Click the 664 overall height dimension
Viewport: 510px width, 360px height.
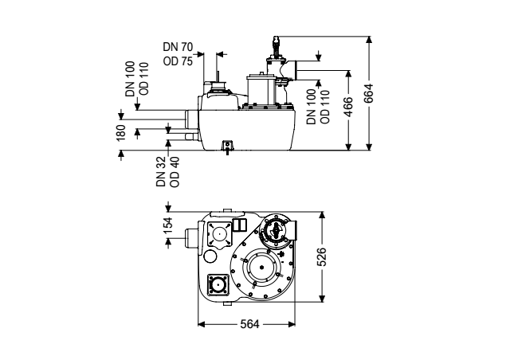point(368,94)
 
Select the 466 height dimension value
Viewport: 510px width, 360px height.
point(348,107)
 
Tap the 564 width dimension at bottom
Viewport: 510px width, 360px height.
point(249,324)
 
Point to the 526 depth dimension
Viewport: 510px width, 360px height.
point(321,256)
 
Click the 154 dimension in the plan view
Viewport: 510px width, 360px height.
point(168,225)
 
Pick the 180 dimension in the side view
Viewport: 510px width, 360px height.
point(120,132)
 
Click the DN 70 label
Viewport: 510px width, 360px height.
point(178,47)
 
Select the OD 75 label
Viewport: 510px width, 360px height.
point(178,61)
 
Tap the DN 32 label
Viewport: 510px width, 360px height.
point(161,171)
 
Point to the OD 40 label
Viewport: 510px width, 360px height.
point(175,171)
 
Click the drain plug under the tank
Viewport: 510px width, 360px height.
point(227,147)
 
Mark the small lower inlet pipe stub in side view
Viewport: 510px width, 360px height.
point(190,136)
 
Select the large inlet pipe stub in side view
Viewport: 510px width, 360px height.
point(191,119)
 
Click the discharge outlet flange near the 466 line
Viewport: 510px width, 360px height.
point(295,70)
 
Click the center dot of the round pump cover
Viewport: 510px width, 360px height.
point(262,268)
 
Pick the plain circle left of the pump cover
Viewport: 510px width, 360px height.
point(210,256)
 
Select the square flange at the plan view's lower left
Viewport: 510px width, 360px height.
point(218,285)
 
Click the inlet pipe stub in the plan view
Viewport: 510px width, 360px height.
point(191,239)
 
